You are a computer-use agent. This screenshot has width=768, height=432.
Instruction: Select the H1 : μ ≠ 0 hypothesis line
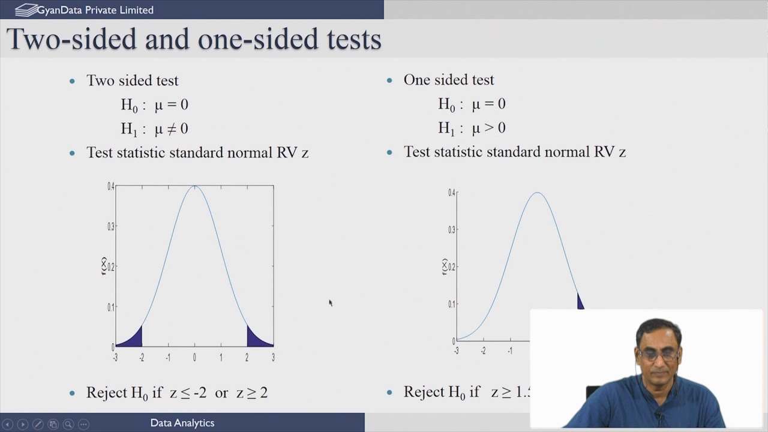(x=154, y=128)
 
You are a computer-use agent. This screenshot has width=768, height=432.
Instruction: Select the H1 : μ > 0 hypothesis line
(x=472, y=128)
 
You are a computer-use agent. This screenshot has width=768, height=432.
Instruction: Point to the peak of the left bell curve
(x=194, y=187)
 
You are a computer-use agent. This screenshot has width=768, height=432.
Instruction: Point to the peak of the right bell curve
(x=538, y=193)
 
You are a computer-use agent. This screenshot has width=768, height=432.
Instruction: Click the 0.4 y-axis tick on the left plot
(x=111, y=187)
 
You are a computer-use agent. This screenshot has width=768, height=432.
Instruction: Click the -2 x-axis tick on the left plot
(x=142, y=358)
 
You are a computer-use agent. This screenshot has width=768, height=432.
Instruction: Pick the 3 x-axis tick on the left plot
(x=273, y=358)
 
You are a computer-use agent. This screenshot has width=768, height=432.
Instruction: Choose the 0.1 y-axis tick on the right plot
(x=452, y=304)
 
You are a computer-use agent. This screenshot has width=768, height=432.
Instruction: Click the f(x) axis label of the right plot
(x=445, y=267)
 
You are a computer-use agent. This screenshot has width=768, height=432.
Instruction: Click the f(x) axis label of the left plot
(x=104, y=266)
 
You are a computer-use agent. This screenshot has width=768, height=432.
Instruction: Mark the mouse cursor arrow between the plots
(x=330, y=303)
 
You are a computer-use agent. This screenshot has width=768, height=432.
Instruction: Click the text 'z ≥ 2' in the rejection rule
(x=251, y=393)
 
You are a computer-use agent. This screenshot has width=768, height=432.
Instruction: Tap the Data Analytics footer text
(x=182, y=423)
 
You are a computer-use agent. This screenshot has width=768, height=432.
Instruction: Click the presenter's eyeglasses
(x=658, y=354)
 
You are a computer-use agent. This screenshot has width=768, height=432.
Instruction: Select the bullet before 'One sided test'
(x=389, y=80)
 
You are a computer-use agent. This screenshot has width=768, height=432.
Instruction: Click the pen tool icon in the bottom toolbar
(x=37, y=424)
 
